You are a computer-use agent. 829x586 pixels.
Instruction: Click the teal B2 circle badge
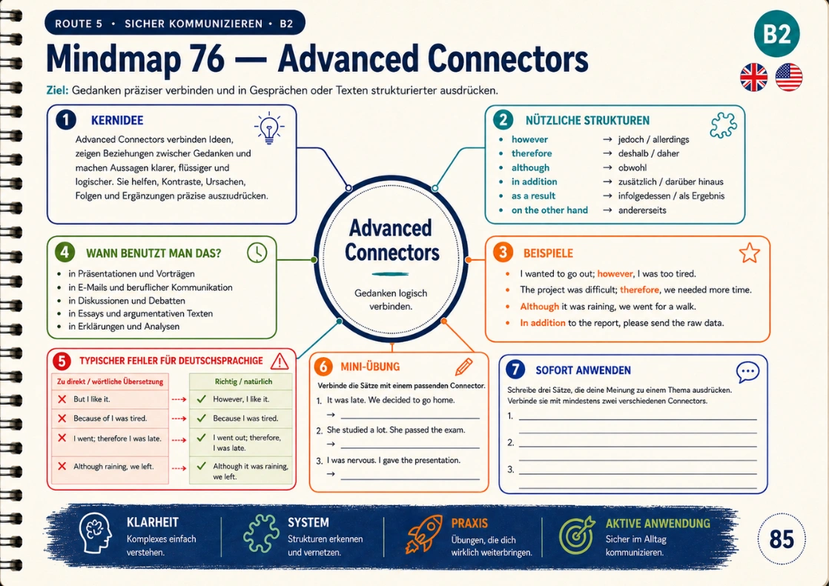(776, 34)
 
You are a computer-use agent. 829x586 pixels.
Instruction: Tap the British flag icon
(754, 77)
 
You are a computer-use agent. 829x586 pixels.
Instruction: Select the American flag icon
(789, 77)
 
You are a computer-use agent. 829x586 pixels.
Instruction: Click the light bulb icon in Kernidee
(269, 128)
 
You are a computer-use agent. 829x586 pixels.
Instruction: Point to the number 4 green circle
(65, 252)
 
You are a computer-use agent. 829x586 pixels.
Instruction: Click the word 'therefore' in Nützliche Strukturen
(532, 153)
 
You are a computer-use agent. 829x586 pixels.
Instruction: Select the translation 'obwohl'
(633, 167)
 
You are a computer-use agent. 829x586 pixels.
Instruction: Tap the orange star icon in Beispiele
(749, 253)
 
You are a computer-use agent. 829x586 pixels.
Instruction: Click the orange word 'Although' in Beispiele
(539, 307)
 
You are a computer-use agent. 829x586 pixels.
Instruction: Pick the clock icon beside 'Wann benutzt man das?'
(257, 253)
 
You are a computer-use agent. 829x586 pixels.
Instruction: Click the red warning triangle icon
(279, 361)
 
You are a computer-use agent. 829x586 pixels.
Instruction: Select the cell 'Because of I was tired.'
(110, 418)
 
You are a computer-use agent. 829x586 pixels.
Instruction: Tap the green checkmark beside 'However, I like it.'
(201, 399)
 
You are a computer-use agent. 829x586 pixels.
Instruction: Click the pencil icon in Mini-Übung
(463, 366)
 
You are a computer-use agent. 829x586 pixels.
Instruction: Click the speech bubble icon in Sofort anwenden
(747, 372)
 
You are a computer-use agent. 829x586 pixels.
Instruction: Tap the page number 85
(782, 539)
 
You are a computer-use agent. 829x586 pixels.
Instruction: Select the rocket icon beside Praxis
(423, 533)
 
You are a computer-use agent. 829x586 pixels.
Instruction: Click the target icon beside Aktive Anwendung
(576, 536)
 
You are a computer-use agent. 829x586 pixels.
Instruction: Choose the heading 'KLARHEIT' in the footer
(152, 522)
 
